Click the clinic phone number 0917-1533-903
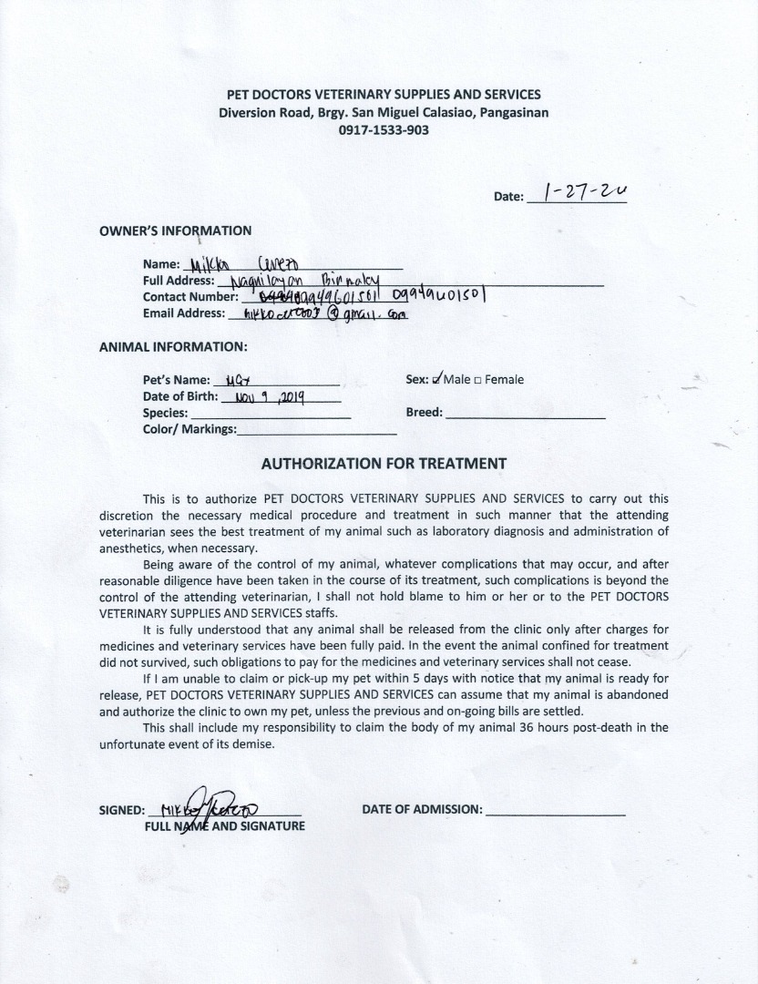pos(383,130)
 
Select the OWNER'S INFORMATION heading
pos(175,231)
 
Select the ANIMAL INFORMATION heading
pos(172,347)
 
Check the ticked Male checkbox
pos(438,379)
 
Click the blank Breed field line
pos(526,415)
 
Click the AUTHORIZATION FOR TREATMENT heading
pos(384,463)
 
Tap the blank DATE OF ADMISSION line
pos(556,810)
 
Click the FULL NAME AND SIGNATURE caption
pos(224,826)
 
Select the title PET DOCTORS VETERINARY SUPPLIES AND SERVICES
pos(384,95)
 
